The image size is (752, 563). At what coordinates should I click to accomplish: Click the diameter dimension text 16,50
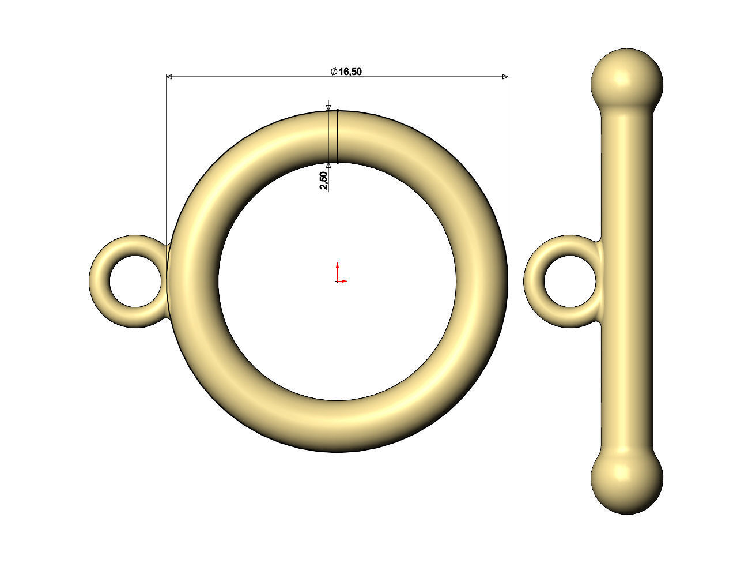[x=350, y=72]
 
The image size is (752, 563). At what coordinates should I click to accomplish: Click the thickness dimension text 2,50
[x=323, y=181]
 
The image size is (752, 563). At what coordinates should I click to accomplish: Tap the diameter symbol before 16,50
[x=334, y=72]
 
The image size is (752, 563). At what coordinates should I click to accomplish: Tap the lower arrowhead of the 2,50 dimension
[x=328, y=166]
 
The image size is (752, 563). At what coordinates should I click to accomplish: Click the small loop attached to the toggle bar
[x=534, y=281]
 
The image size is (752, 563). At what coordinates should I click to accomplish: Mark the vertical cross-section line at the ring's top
[x=337, y=136]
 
